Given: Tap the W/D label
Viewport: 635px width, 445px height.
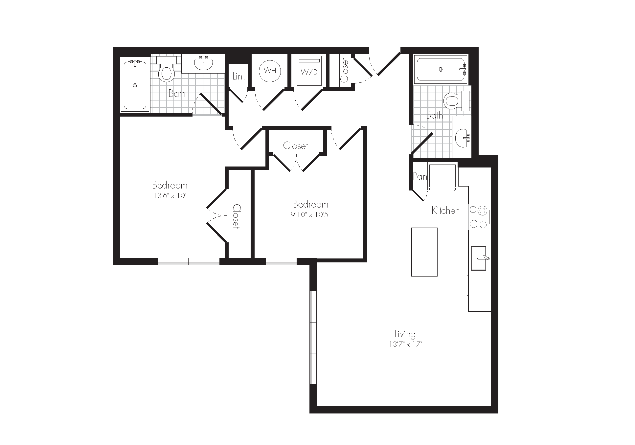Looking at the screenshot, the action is (309, 72).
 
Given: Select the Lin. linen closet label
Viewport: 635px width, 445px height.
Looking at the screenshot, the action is (238, 77).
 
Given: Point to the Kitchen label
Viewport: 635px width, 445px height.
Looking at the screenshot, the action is (445, 211).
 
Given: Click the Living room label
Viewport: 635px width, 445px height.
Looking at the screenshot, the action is (405, 334).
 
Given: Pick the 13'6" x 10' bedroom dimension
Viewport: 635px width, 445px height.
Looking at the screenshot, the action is (170, 195).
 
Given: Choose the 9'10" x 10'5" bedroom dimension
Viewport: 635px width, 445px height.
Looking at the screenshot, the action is (310, 214).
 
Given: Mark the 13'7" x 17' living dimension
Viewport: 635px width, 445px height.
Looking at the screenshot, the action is (405, 345).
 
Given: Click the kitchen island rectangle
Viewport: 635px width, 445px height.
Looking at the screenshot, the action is (424, 252).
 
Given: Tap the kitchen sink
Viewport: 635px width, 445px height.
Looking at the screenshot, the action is (479, 258).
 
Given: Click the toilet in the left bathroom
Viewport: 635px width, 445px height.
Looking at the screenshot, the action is (166, 69).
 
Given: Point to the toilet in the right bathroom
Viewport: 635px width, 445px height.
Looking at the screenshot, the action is (456, 101).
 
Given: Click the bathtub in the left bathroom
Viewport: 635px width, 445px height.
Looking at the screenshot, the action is (135, 84).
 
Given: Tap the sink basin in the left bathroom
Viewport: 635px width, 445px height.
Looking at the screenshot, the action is (203, 64).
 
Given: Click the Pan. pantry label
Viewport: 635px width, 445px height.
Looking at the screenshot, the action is (420, 176).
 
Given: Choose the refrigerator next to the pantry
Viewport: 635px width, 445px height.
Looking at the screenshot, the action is (442, 177).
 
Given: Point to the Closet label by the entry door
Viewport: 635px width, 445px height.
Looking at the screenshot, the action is (344, 70).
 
